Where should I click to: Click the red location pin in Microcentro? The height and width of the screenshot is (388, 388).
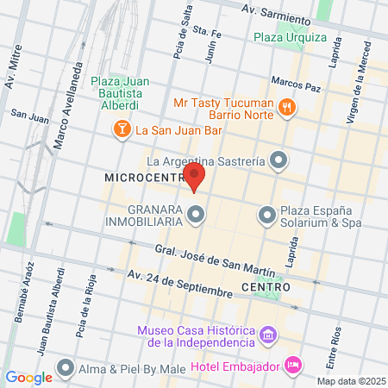click(x=196, y=179)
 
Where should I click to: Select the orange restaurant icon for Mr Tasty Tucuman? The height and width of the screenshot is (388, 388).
click(x=288, y=107)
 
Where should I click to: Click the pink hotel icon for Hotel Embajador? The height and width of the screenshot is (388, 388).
click(x=293, y=365)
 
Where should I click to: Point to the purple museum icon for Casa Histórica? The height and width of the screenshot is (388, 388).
click(x=268, y=333)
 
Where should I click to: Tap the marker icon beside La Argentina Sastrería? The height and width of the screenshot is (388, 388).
click(x=278, y=160)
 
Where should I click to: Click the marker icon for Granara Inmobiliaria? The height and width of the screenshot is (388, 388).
click(x=197, y=213)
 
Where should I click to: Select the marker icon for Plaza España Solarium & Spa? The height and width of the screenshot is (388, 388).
click(x=267, y=213)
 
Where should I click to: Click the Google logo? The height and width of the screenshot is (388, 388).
click(x=29, y=377)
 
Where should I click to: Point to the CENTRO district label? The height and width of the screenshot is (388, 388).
click(x=265, y=286)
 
